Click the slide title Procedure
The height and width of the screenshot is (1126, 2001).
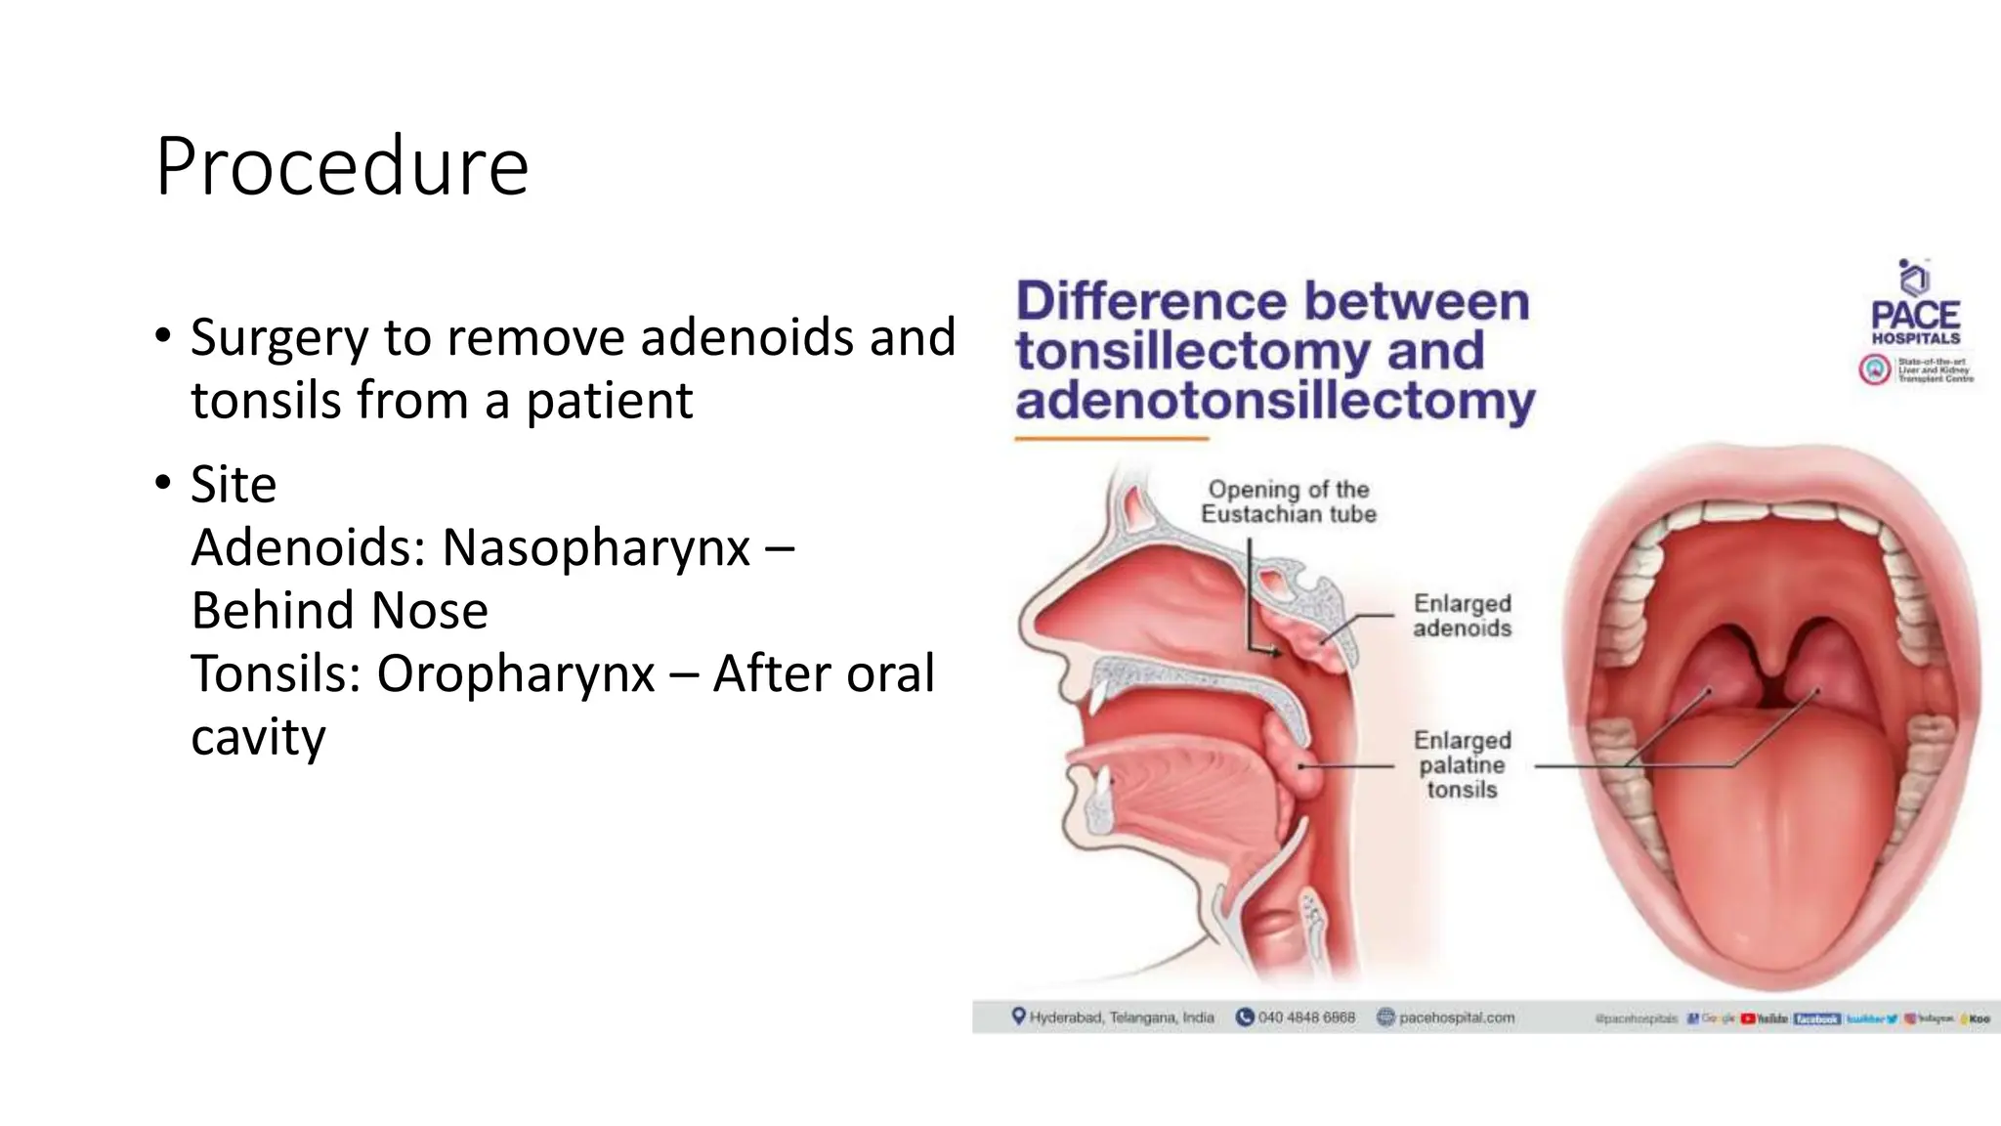(342, 167)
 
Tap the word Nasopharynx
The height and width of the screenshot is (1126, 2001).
(595, 547)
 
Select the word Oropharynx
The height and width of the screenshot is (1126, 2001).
(515, 673)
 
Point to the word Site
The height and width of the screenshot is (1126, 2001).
(234, 485)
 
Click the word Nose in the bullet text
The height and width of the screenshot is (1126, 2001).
(429, 611)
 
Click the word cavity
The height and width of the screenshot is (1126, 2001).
(258, 737)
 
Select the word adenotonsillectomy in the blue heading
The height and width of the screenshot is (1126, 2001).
(1275, 401)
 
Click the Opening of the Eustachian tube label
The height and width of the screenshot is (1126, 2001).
(1288, 501)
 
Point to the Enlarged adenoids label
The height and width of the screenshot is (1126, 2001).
(1462, 616)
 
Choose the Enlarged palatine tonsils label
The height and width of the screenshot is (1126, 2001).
(1462, 765)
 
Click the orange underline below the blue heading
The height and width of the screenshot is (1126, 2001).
(1111, 439)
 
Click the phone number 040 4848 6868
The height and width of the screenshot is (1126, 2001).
(1305, 1018)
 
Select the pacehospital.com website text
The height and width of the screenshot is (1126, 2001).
(1456, 1018)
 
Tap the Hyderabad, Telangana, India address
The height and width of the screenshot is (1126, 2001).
(1121, 1018)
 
